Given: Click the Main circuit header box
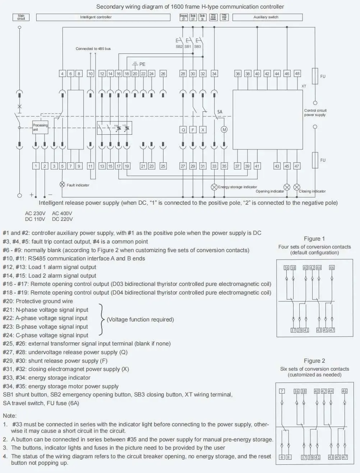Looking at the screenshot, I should point(21,17).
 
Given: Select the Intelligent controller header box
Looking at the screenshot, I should point(103,17).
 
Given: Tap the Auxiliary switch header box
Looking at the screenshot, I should point(267,17).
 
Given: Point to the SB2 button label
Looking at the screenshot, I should point(179,47).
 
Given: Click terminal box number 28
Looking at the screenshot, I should point(183,74).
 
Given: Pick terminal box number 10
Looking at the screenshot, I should point(91,74).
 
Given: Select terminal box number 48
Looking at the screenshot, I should point(297,74).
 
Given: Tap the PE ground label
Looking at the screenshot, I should point(142,64).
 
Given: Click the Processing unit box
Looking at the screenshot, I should point(40,127).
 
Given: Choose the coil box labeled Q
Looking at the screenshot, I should point(183,130).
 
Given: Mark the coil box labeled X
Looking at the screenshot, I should point(203,130).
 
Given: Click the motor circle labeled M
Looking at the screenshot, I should point(224,130).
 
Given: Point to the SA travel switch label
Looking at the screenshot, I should point(220,112).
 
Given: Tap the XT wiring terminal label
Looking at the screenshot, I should point(304,86).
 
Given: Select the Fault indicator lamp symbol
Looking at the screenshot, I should point(62,185).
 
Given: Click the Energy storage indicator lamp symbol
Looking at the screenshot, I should point(214,187).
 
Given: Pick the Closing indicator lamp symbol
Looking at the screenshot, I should point(297,187).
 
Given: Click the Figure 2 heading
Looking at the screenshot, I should point(314,361).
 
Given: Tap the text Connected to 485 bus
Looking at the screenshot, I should point(93,49).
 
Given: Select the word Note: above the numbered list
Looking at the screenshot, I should point(10,416).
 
